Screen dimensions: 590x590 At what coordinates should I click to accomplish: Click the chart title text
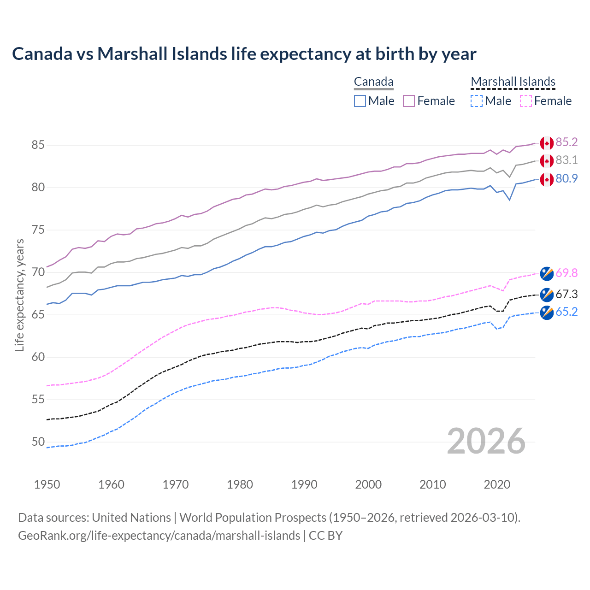244,54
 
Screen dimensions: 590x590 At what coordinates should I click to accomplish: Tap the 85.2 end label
566,142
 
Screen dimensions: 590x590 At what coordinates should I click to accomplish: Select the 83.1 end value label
566,160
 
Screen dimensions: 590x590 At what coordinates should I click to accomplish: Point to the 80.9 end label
566,179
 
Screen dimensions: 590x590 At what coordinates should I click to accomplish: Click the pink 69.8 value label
566,273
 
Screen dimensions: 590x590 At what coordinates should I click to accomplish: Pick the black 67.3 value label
566,295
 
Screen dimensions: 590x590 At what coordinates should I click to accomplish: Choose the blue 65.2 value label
566,312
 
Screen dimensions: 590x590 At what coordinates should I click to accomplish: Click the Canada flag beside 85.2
547,143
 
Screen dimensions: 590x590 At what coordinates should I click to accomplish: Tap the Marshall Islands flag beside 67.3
547,295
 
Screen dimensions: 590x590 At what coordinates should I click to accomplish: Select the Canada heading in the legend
373,82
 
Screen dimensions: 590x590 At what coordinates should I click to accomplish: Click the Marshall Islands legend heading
513,82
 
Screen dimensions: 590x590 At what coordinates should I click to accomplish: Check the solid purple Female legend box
409,101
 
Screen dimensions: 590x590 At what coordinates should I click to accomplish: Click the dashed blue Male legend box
477,101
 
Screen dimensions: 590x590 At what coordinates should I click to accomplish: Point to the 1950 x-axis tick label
47,484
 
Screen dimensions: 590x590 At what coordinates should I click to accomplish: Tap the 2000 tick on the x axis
368,484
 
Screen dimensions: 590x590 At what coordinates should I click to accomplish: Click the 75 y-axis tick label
38,230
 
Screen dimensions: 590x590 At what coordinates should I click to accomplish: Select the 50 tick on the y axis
38,442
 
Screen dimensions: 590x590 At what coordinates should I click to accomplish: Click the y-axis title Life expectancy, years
19,295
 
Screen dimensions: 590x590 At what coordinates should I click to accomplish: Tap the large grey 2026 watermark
486,441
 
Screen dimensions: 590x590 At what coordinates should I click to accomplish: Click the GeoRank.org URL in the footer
159,536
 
